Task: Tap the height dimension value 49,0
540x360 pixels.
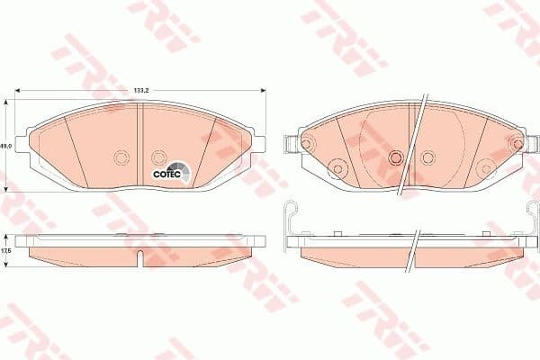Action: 4,145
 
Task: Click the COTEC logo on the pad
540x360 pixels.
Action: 169,170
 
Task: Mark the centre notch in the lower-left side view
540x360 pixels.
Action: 142,260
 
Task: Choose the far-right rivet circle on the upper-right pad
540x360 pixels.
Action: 516,144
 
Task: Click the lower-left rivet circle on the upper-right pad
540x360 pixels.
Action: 336,167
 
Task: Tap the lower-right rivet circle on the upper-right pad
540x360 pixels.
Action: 483,167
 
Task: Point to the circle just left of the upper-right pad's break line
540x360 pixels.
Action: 393,157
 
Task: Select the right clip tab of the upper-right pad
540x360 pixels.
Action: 532,143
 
